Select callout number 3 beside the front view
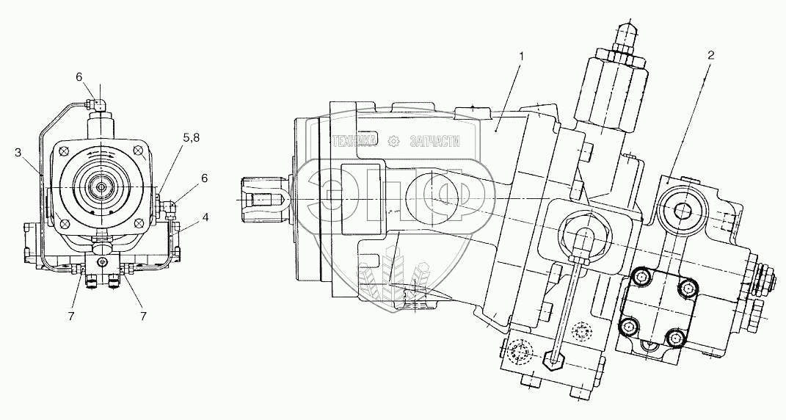coord(17,153)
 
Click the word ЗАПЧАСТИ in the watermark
coord(434,141)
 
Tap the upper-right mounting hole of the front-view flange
coord(139,152)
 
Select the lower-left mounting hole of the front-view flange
coord(64,222)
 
